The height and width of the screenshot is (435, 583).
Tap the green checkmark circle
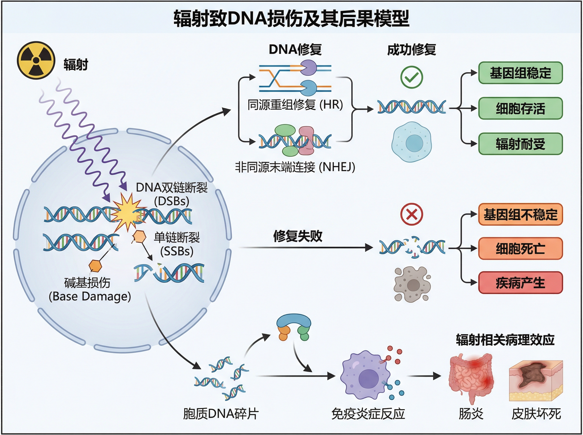(x=412, y=77)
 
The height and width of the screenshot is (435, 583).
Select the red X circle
(x=412, y=214)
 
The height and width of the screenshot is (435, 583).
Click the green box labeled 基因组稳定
(x=520, y=73)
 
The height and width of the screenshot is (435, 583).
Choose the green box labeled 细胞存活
(x=520, y=108)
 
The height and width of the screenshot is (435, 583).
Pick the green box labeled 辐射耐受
(x=520, y=144)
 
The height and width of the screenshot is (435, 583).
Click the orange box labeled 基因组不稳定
(x=520, y=214)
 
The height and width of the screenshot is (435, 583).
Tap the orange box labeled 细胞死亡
(x=520, y=248)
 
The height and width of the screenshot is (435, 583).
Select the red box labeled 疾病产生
(x=520, y=283)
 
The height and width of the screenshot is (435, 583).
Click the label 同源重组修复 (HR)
(x=295, y=105)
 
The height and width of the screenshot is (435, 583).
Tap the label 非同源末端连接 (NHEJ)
(x=295, y=167)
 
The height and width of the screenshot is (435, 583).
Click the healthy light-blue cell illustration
(x=412, y=142)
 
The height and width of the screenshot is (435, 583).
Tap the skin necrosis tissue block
(x=536, y=380)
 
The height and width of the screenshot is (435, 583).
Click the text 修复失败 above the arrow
(x=298, y=236)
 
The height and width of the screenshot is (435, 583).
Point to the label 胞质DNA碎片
(x=221, y=414)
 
